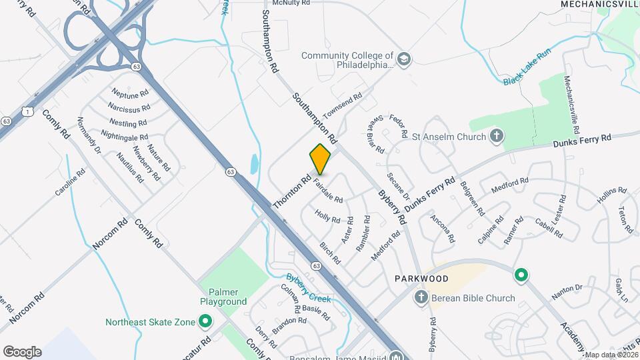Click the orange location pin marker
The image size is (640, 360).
pos(320,159)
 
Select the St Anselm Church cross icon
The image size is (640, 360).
pos(496,137)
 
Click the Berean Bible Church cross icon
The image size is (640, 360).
pos(421,297)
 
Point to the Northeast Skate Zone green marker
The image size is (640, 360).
pos(205,323)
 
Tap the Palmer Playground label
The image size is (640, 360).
pos(223,297)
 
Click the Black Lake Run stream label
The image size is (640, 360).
pos(526,69)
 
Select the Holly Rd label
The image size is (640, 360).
pos(327,217)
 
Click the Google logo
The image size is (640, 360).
pos(22,351)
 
